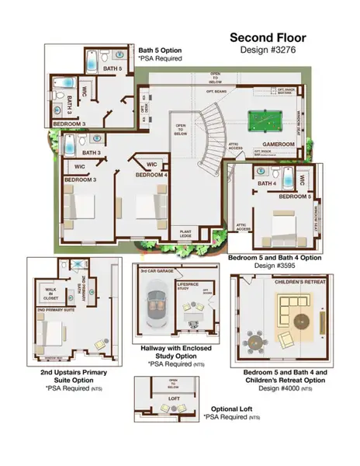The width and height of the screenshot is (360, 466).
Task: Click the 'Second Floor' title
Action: click(268, 37)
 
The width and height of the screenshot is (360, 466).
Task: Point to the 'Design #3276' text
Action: click(268, 49)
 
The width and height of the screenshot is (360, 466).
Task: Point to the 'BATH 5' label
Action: click(113, 69)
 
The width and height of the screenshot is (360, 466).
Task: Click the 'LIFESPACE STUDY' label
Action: click(188, 287)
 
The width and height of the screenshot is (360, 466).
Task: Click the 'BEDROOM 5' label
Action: click(294, 197)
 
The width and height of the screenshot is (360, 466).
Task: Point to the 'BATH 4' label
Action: click(268, 183)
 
